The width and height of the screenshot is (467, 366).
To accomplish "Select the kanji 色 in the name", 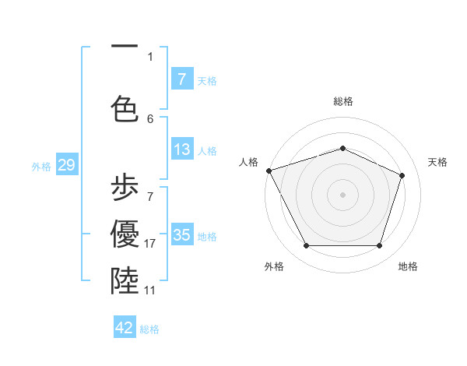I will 125,107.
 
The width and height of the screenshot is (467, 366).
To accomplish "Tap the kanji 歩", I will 125,188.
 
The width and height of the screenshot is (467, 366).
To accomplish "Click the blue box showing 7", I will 181,79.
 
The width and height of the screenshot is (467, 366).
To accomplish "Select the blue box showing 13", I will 181,150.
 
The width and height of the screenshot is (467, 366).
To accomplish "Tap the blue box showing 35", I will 181,234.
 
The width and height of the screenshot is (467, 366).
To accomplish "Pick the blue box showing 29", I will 66,165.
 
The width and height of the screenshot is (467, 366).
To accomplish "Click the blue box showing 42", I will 125,328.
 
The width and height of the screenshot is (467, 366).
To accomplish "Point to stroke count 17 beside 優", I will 150,244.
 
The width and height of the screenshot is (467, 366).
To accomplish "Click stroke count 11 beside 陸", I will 150,290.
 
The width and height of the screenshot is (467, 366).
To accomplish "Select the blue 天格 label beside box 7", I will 207,80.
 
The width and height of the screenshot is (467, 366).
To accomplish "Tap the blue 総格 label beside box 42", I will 149,329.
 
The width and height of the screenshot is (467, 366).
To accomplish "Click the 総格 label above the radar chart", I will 342,101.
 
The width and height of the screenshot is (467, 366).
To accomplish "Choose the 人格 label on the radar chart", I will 248,162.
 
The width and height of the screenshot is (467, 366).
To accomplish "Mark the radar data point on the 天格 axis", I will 402,175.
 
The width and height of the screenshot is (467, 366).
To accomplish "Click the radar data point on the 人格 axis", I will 269,171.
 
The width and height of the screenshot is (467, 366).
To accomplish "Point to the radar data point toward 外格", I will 306,246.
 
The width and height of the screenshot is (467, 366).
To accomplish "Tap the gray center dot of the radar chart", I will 342,194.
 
